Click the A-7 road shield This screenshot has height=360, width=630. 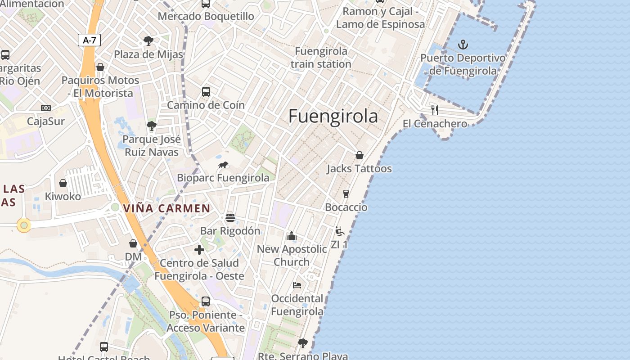pos(89,40)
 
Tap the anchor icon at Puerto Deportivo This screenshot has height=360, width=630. pos(463,45)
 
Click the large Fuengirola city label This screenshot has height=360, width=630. pos(333,116)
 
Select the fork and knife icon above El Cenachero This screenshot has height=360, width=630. pos(434,110)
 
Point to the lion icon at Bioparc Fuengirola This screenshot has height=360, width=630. pos(224,165)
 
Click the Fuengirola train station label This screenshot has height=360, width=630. pos(320,58)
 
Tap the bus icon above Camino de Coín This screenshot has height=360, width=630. pos(206,92)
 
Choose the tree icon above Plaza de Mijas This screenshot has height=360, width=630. pos(148,41)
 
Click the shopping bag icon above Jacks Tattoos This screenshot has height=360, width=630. pos(360,155)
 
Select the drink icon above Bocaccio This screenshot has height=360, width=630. pos(346,194)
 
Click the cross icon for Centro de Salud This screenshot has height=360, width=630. pos(199,250)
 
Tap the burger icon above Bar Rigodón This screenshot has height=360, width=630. pos(230,218)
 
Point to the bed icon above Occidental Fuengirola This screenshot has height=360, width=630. pos(297,285)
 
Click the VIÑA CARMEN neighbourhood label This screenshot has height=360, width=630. pos(166,208)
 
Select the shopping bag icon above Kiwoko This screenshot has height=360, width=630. pos(63,183)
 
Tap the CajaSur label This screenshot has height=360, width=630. pos(46,121)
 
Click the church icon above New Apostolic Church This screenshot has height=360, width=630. pos(292,236)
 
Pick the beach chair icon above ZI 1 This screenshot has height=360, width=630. pos(340,231)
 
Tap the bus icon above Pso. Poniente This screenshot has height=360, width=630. pos(206,301)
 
